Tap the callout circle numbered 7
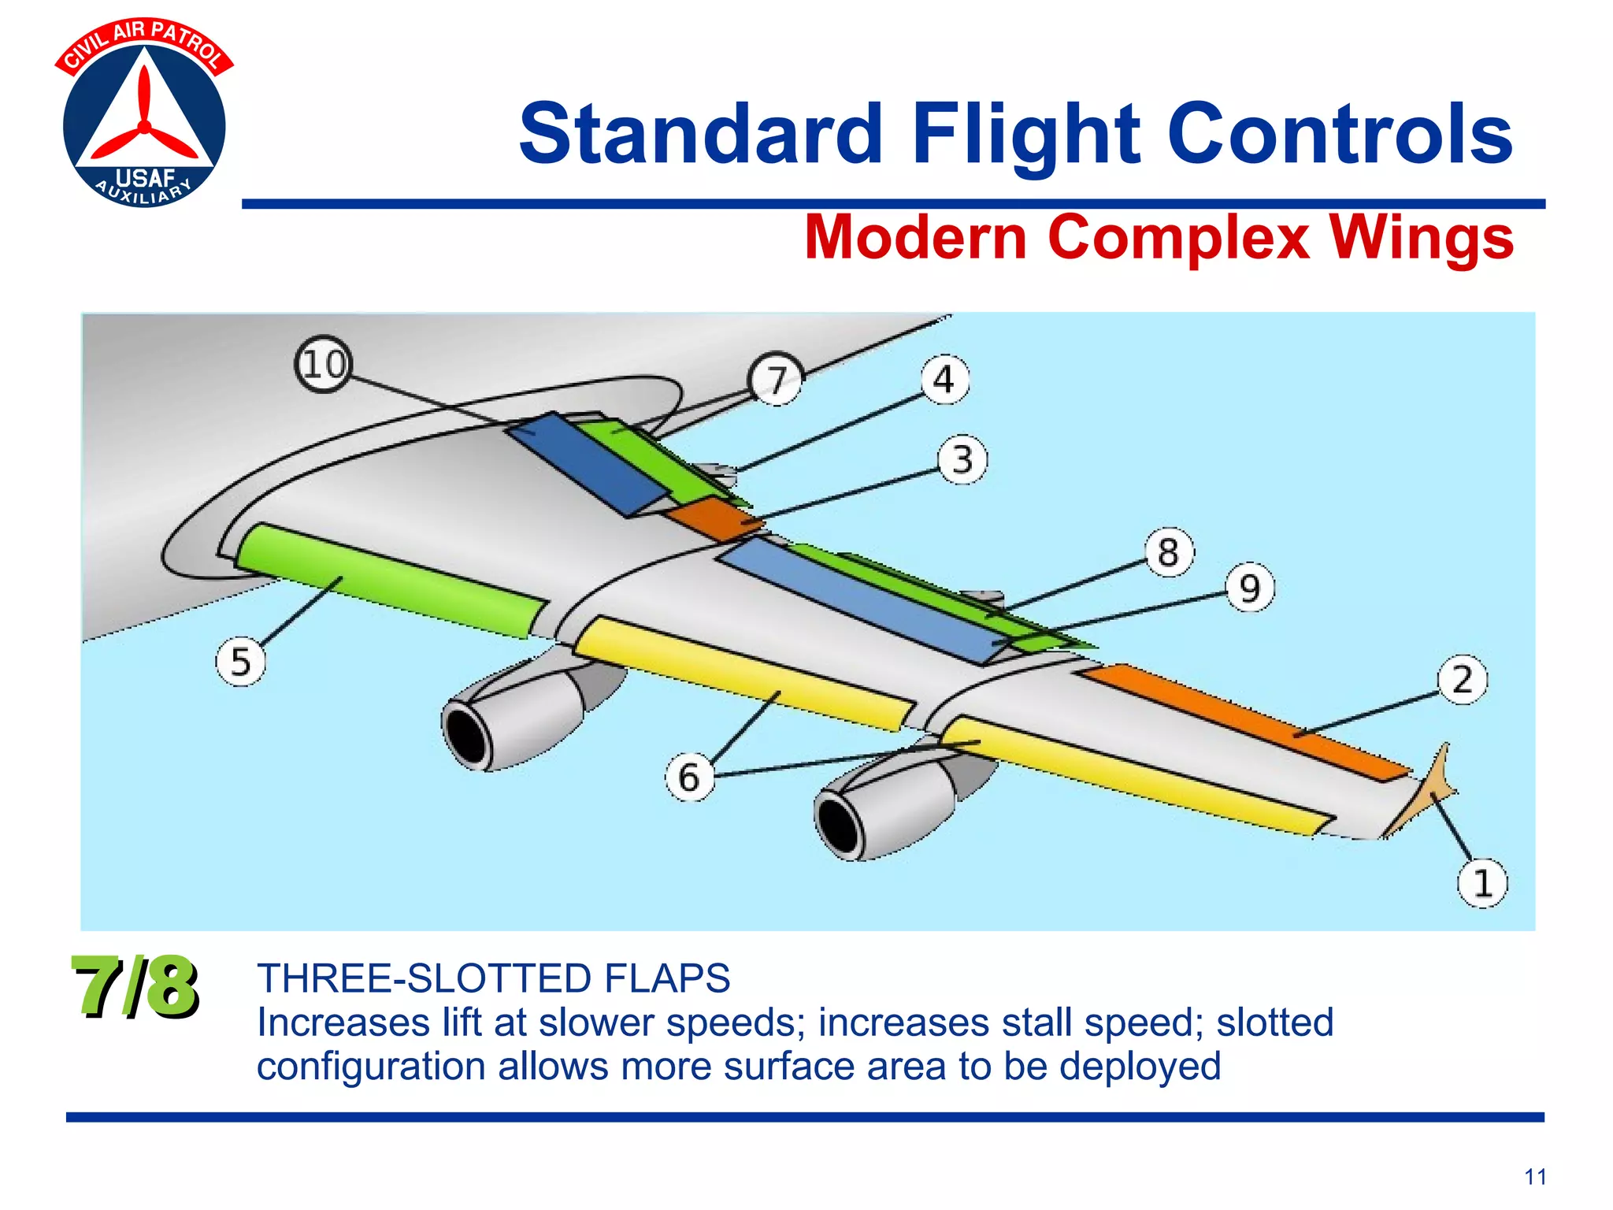tap(777, 380)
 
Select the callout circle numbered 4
tap(944, 380)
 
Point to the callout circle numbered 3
tap(962, 459)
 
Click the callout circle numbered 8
tap(1169, 551)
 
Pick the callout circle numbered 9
tap(1250, 588)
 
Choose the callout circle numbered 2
tap(1462, 679)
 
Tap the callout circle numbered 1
tap(1482, 883)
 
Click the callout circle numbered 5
tap(240, 662)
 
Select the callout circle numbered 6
tap(689, 777)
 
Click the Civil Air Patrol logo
tap(144, 114)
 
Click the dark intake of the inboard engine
tap(468, 735)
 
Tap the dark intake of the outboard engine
tap(840, 824)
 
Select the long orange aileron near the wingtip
tap(1244, 721)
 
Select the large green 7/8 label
tap(135, 986)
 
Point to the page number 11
tap(1535, 1177)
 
